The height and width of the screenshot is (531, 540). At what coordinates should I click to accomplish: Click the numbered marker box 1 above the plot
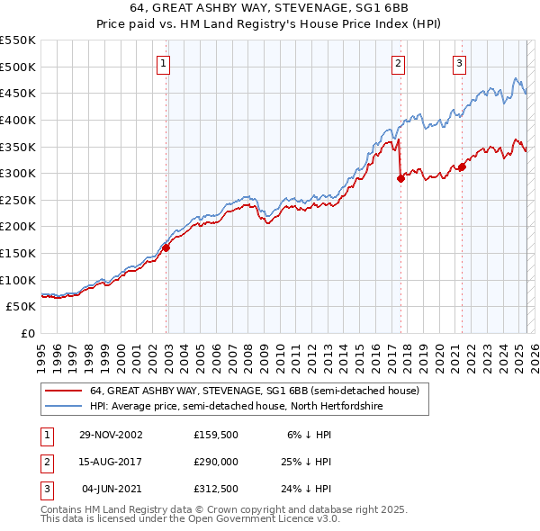coord(163,63)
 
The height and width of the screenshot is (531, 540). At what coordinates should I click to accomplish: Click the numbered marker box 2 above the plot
coord(398,63)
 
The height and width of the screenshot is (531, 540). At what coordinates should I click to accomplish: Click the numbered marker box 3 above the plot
coord(459,63)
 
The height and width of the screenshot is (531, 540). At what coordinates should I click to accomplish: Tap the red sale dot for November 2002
coord(166,248)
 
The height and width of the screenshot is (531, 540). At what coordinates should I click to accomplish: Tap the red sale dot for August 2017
coord(401,178)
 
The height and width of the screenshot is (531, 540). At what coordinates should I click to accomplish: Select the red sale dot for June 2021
coord(462,166)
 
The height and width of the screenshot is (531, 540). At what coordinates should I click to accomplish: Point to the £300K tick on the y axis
coord(18,173)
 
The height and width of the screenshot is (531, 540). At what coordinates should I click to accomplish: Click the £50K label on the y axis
coord(22,306)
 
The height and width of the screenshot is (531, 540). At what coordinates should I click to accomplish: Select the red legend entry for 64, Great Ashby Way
coord(254,391)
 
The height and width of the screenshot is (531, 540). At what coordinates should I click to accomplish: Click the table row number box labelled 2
coord(46,461)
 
